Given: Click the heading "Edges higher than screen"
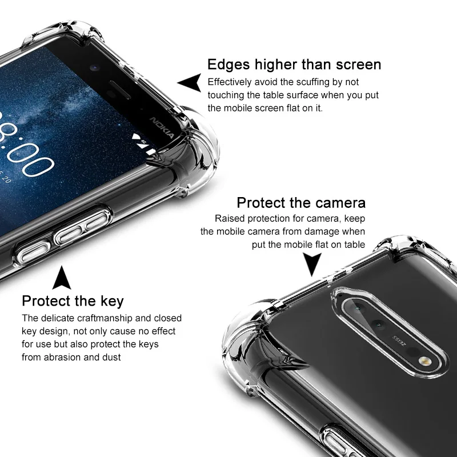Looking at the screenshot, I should pyautogui.click(x=294, y=64).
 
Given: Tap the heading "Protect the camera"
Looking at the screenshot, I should pyautogui.click(x=301, y=203).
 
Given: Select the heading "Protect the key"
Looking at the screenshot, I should pyautogui.click(x=73, y=301).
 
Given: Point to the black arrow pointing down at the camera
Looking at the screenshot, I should pyautogui.click(x=311, y=264).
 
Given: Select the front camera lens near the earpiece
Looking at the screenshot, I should pyautogui.click(x=94, y=68).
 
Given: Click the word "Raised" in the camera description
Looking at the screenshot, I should pyautogui.click(x=228, y=218).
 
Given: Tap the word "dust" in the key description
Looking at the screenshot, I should pyautogui.click(x=112, y=357).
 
